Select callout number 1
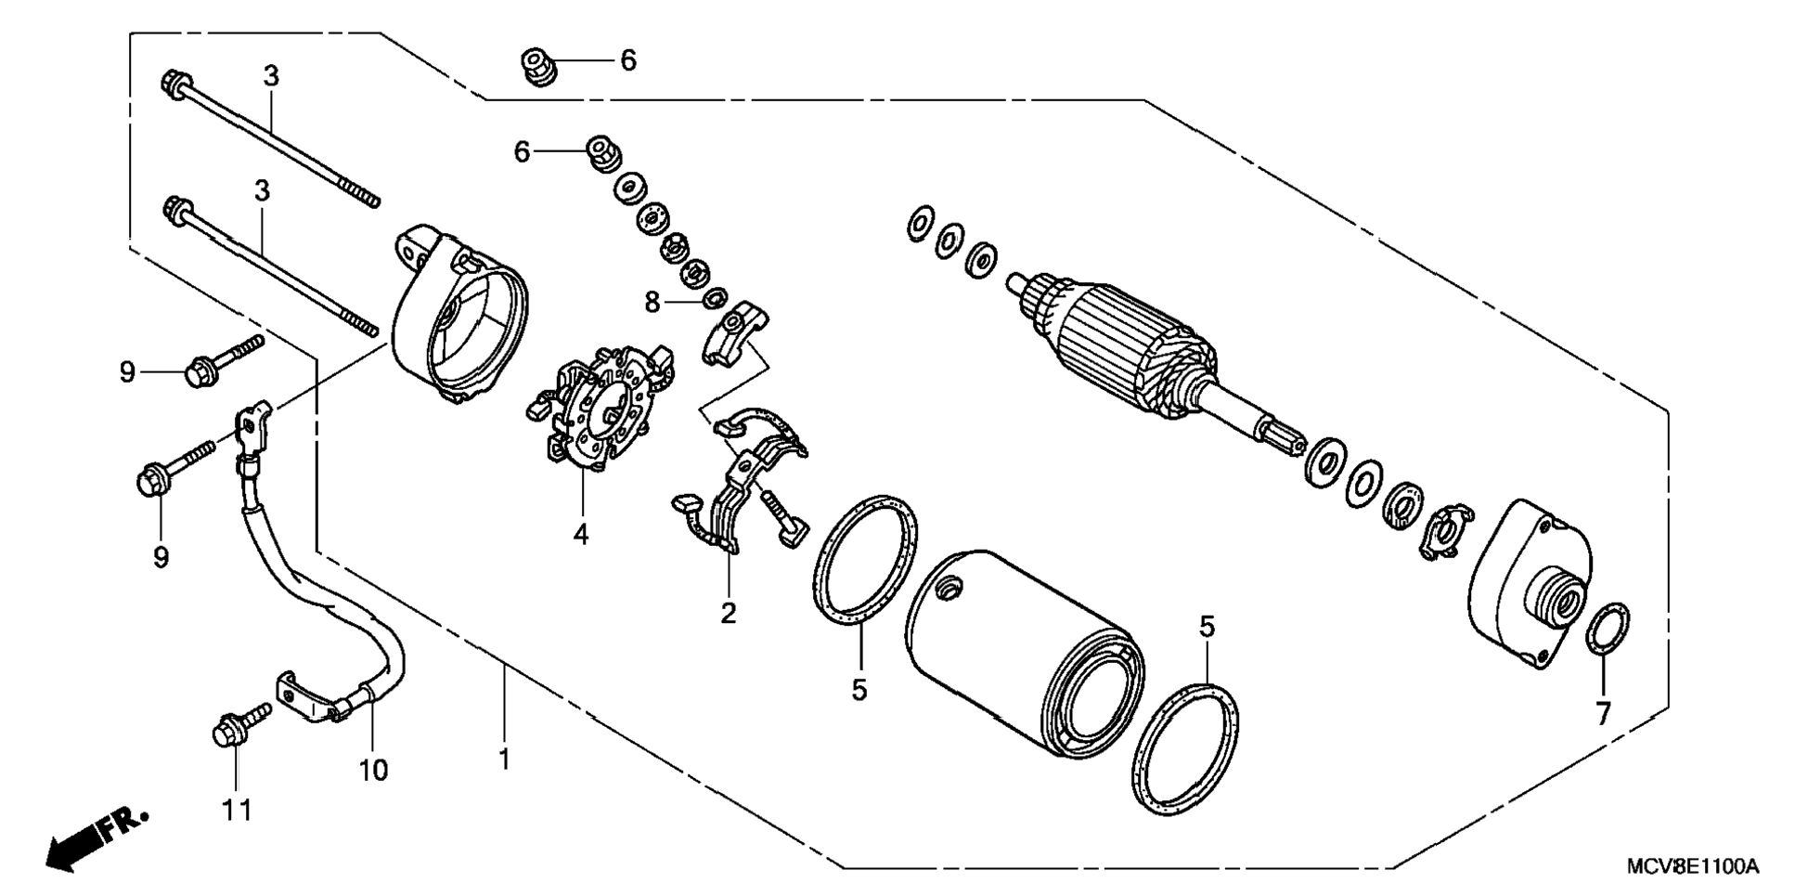tap(504, 760)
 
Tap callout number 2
tap(729, 612)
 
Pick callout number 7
tap(1603, 712)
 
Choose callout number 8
tap(652, 302)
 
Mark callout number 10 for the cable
tap(374, 770)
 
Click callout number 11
tap(237, 810)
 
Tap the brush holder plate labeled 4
tap(599, 409)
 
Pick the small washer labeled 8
tap(714, 298)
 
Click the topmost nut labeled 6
tap(536, 66)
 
